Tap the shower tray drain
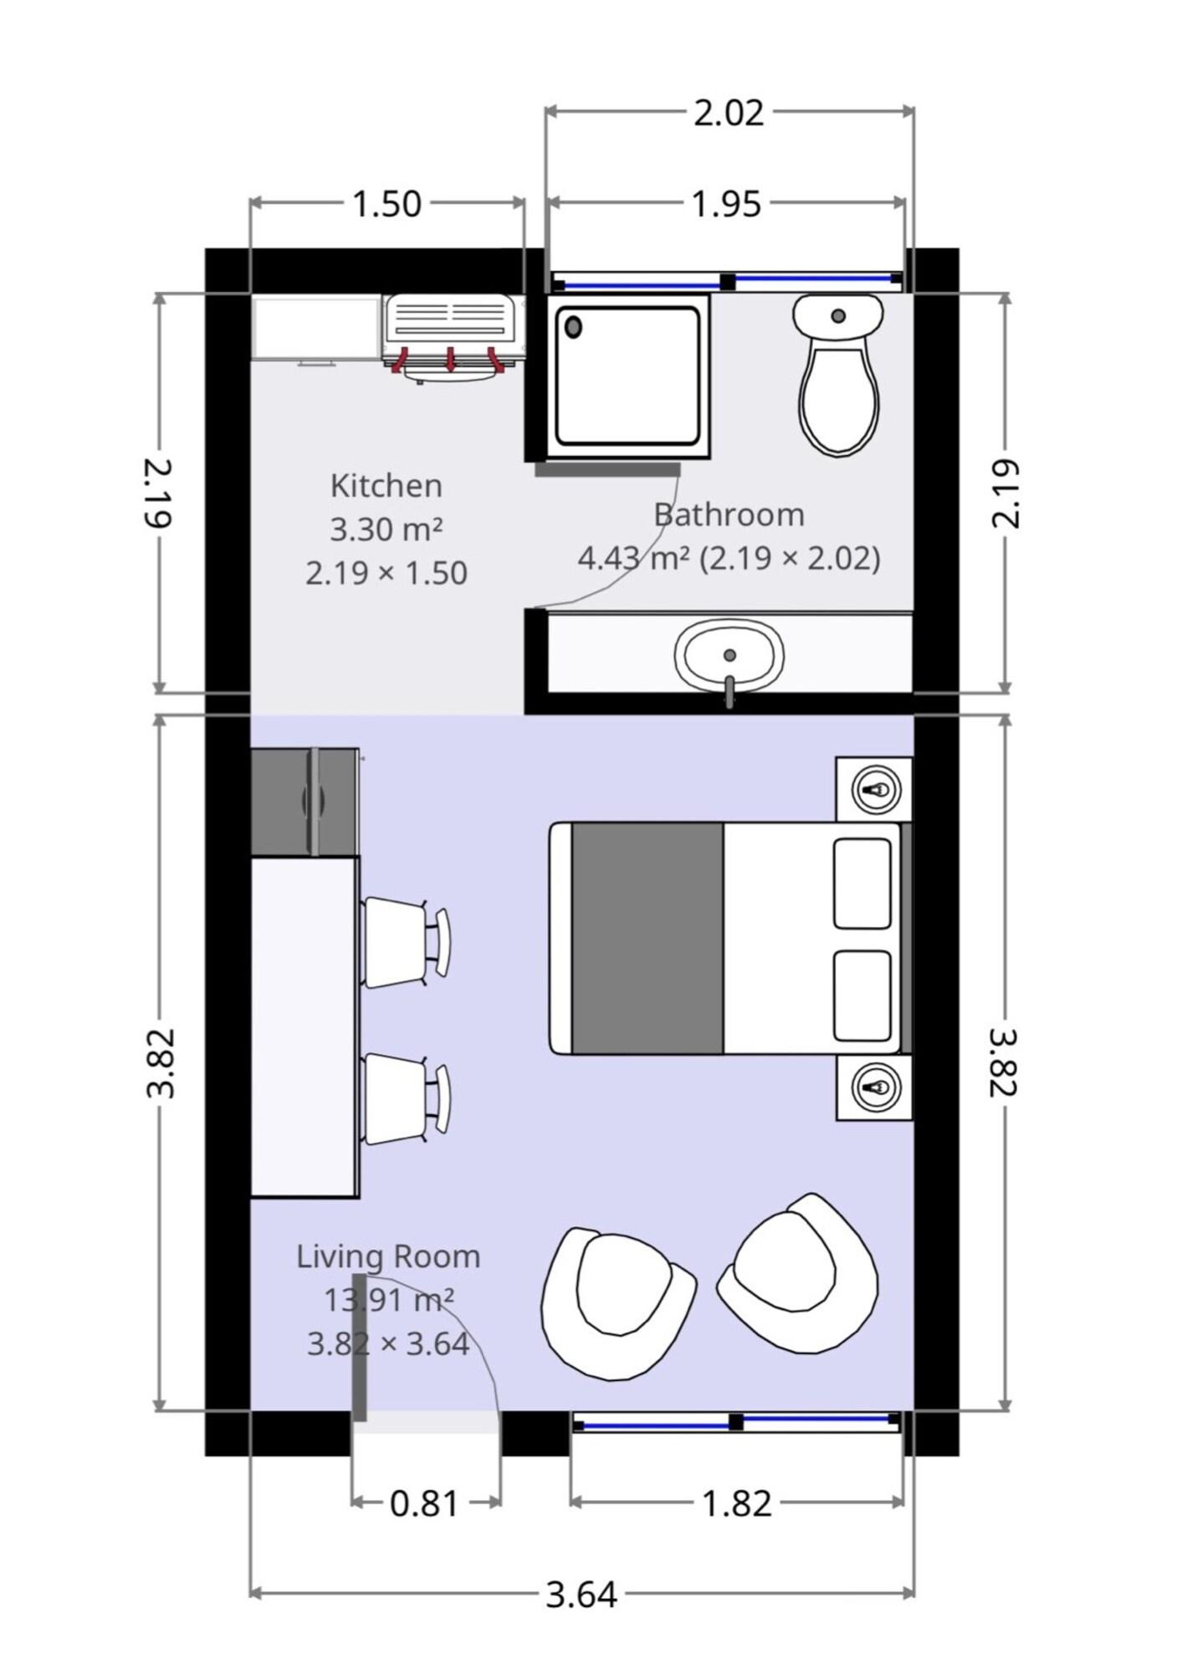click(x=573, y=326)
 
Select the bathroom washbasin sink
click(x=729, y=657)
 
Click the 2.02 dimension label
click(x=729, y=113)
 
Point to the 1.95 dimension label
click(x=726, y=204)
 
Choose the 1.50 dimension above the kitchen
click(x=386, y=204)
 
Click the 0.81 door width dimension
click(x=425, y=1504)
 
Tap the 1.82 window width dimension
click(x=736, y=1504)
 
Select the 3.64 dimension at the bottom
click(x=581, y=1595)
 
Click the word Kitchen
click(x=386, y=486)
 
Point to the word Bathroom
click(x=729, y=514)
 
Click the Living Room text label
click(x=388, y=1256)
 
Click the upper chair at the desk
click(x=407, y=942)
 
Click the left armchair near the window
click(x=617, y=1304)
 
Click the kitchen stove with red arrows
click(x=453, y=338)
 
